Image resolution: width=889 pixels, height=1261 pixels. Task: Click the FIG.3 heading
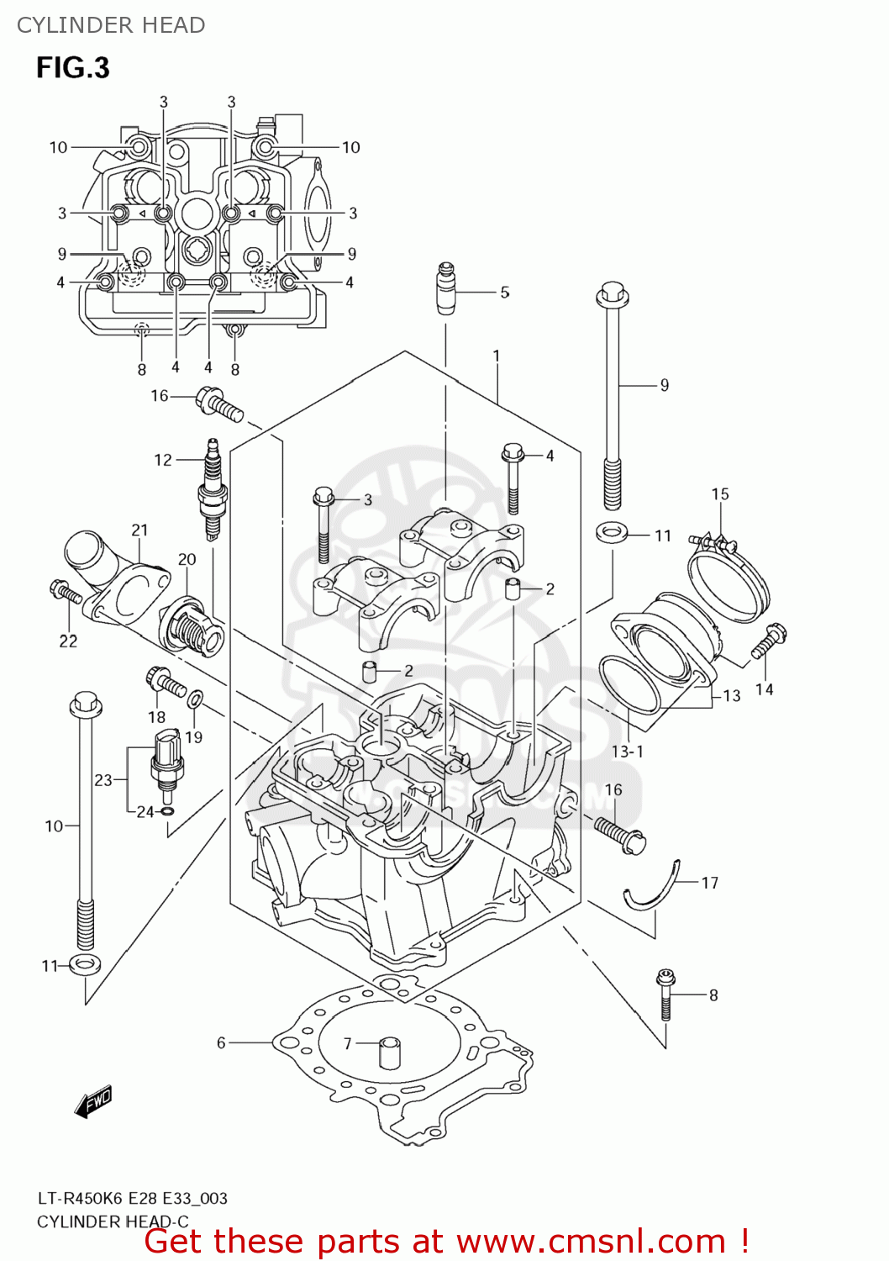[x=73, y=68]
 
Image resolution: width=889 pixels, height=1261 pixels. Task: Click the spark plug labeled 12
[x=212, y=491]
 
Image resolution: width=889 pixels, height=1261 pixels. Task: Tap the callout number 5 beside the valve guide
[x=504, y=293]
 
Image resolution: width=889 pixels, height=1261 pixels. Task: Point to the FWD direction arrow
[x=93, y=1101]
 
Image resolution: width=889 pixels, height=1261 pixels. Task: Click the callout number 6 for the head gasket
[x=221, y=1042]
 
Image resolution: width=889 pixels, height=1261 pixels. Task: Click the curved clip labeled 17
[x=655, y=889]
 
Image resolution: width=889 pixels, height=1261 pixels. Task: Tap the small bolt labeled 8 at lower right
[x=665, y=995]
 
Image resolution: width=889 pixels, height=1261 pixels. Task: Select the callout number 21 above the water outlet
[x=139, y=530]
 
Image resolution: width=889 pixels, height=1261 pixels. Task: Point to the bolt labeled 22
[x=65, y=593]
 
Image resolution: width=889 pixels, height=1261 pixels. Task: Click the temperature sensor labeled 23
[x=166, y=761]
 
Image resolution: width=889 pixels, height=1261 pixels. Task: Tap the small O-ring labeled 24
[x=167, y=811]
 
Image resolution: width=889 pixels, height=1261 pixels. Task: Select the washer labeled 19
[x=196, y=698]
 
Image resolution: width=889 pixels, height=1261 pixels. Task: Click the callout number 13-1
[x=627, y=752]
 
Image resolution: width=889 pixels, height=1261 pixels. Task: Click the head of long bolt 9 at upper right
[x=612, y=296]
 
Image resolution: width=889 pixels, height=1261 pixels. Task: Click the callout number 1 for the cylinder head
[x=496, y=356]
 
